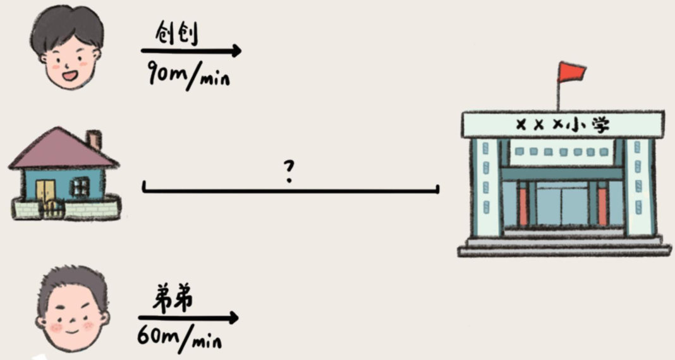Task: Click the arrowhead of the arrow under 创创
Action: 235,51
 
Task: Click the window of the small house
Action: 80,186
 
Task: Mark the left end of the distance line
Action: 145,188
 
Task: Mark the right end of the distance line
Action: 437,188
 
